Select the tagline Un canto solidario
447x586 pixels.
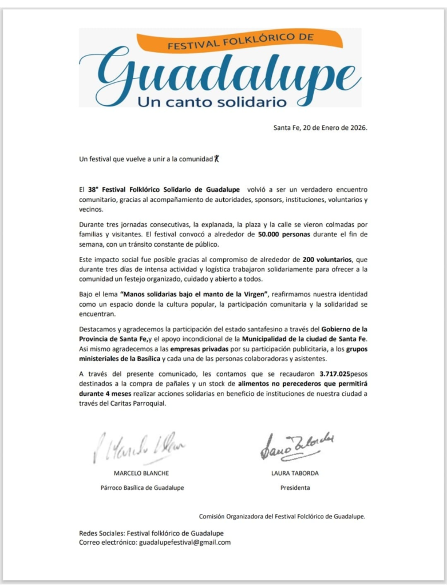tap(211, 102)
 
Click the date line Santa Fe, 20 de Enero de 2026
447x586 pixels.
tap(320, 128)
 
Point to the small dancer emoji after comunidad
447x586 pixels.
tap(217, 159)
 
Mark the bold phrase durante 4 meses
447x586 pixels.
tap(104, 394)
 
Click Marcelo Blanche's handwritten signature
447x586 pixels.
tap(140, 447)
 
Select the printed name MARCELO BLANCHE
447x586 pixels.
tap(141, 474)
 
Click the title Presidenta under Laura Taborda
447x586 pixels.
tap(295, 488)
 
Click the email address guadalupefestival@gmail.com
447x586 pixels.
tap(184, 543)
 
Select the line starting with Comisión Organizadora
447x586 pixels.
tap(282, 516)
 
